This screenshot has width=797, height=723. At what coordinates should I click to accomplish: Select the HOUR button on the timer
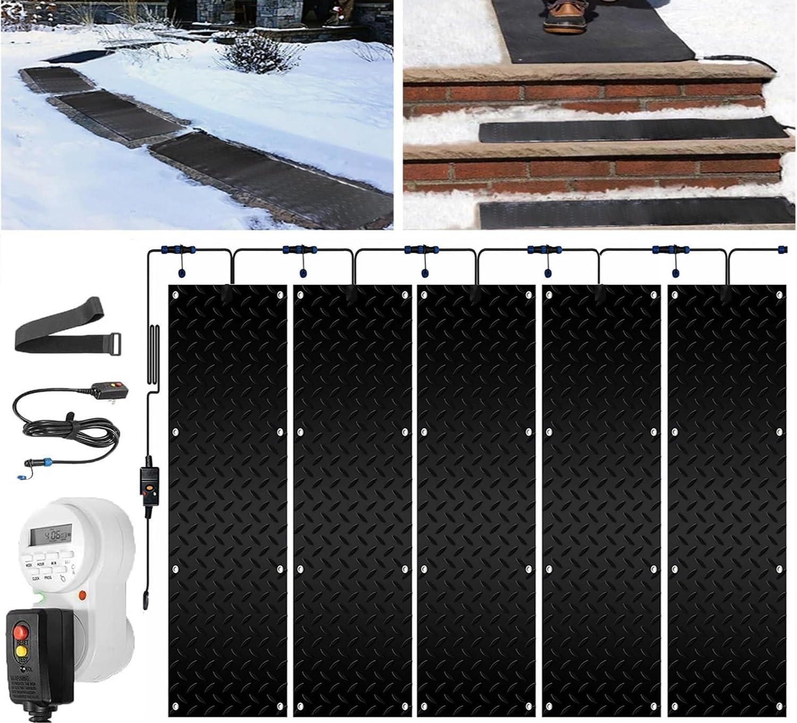[41, 561]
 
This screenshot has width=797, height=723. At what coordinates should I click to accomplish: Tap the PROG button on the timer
[47, 578]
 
